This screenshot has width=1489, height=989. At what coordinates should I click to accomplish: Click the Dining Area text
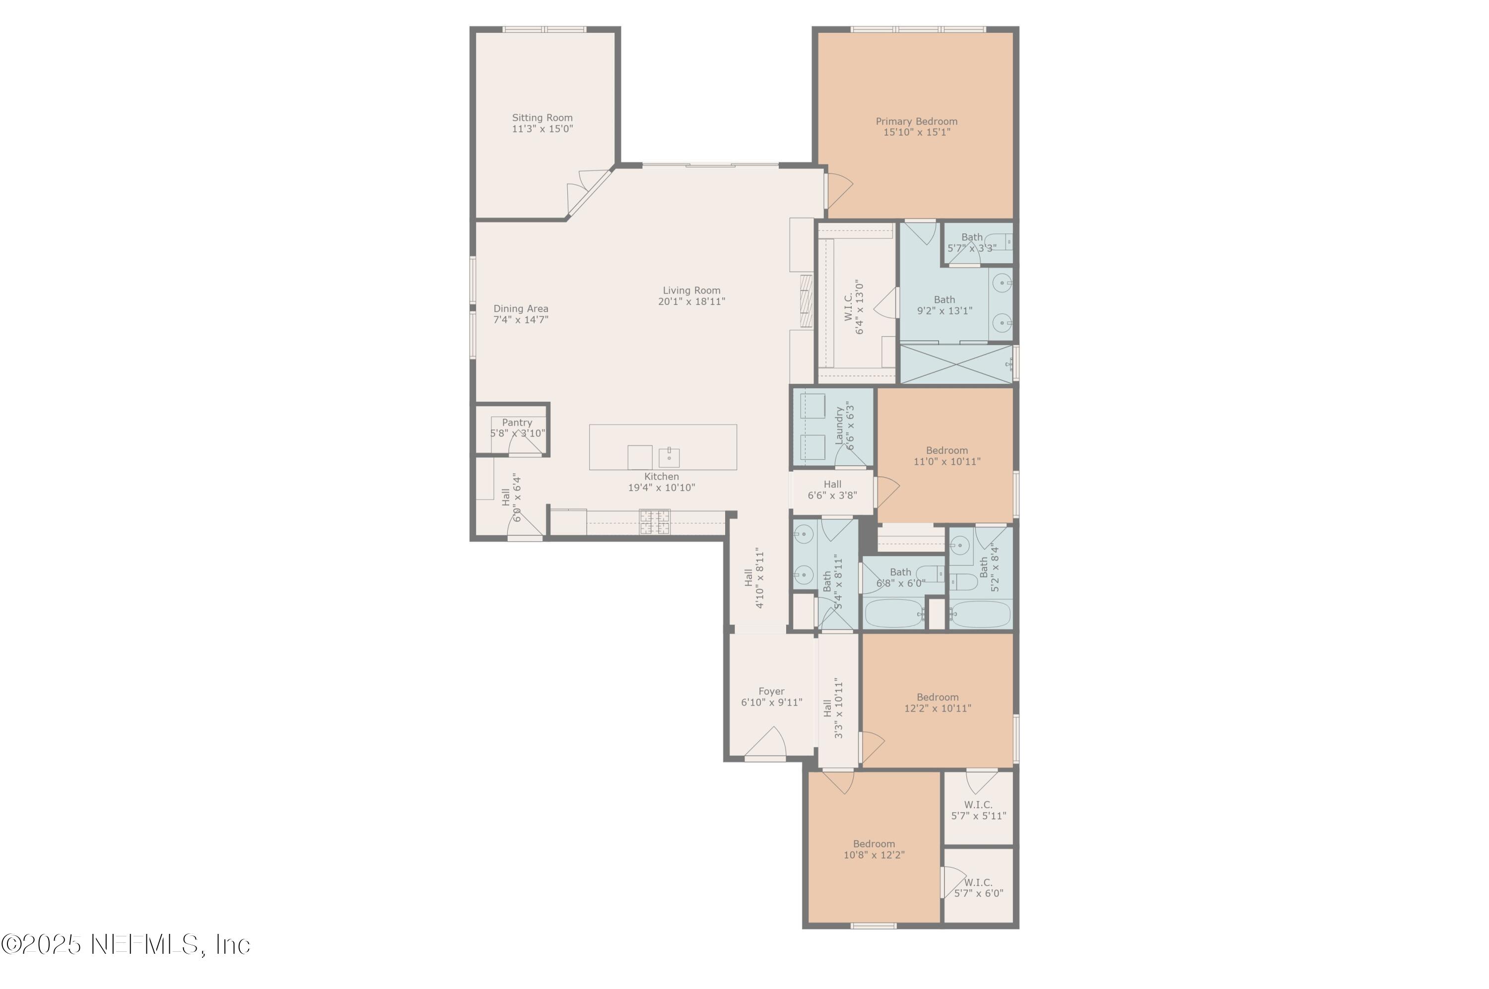520,309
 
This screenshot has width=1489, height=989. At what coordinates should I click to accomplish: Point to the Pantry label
516,423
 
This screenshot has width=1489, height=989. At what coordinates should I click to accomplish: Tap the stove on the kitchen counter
654,522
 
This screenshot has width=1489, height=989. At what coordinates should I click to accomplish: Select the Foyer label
771,691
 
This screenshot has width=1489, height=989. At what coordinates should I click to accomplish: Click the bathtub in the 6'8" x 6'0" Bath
893,613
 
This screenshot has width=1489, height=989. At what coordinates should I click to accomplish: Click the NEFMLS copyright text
126,944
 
